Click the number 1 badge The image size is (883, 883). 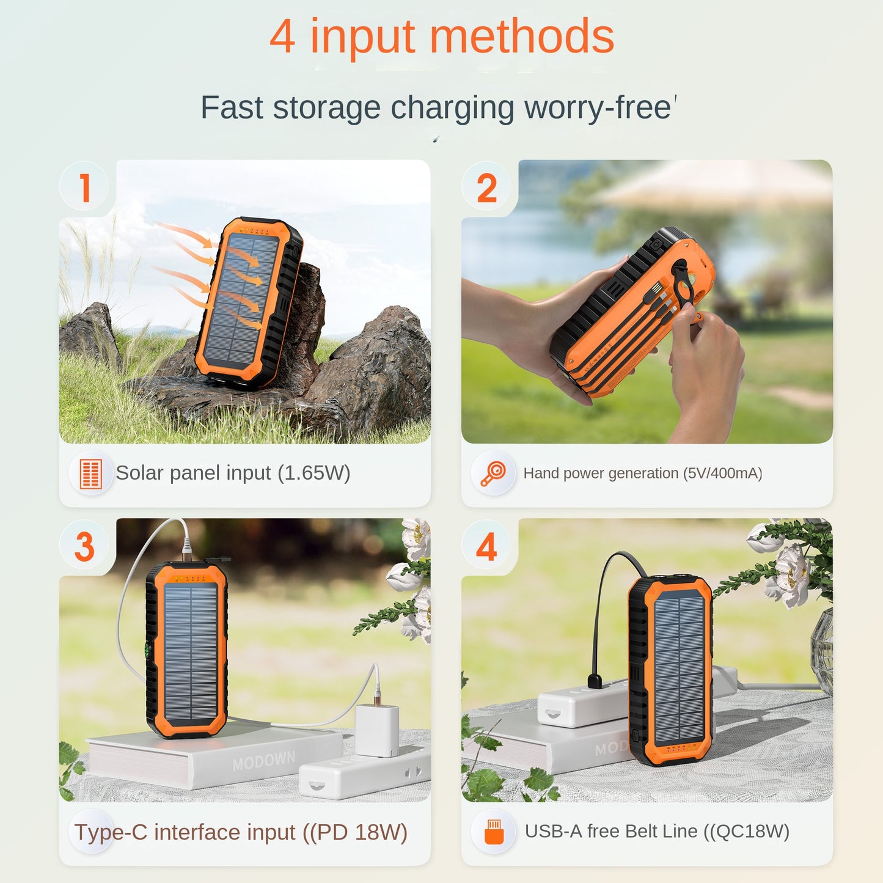click(85, 188)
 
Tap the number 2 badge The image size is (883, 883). click(486, 188)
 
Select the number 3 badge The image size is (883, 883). click(85, 546)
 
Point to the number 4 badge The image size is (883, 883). click(486, 546)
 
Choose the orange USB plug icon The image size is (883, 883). click(494, 832)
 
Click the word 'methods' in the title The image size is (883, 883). click(522, 37)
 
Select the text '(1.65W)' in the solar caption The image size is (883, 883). click(313, 473)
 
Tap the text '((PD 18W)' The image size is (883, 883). click(355, 832)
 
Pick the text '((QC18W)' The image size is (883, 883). click(746, 832)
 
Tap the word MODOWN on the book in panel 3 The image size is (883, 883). click(263, 761)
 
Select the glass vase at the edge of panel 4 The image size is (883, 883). click(823, 651)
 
